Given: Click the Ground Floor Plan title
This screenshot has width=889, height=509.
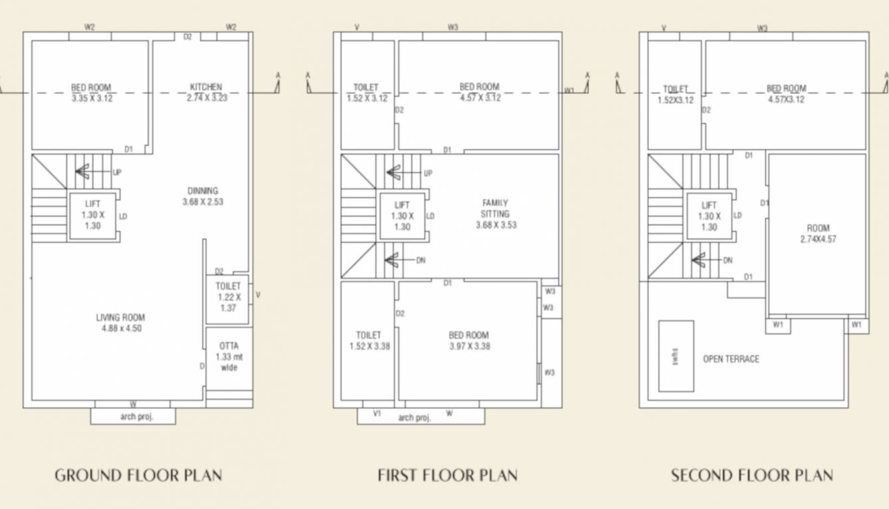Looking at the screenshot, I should pos(138,476).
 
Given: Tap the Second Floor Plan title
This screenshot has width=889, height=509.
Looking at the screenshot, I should pos(751,476).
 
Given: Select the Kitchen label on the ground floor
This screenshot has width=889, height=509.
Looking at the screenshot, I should pos(206,92).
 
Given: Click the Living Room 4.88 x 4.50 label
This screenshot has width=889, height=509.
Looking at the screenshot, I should pos(121,322).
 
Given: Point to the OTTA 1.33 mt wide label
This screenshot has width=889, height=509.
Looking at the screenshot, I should pos(228,356).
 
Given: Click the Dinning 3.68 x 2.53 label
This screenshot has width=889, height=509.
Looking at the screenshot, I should pos(202,196).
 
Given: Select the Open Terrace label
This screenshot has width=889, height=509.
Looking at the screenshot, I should pos(731,359).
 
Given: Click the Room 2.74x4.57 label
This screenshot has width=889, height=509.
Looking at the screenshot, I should pos(818,233).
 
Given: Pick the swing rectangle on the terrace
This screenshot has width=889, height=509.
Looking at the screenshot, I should pos(676,356).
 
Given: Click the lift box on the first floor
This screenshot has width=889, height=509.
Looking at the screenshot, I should pos(402,216).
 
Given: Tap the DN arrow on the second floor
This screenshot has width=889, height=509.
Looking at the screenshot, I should pos(700,260).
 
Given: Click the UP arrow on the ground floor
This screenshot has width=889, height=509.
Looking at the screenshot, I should pos(83,171).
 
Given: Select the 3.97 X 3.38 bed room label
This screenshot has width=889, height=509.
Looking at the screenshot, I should pos(468,340).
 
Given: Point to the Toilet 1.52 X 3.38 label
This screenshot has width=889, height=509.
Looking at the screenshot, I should pos(368,340).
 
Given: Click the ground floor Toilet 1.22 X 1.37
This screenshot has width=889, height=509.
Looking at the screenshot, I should pos(228,297).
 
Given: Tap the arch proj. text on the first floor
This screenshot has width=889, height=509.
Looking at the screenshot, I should pos(415,418).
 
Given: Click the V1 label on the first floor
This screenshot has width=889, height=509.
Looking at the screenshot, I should pos(377,414).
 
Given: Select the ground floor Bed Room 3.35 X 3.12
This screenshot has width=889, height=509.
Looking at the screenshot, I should pos(91,93).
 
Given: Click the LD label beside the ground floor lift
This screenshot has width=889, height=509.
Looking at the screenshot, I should pos(123,217).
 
